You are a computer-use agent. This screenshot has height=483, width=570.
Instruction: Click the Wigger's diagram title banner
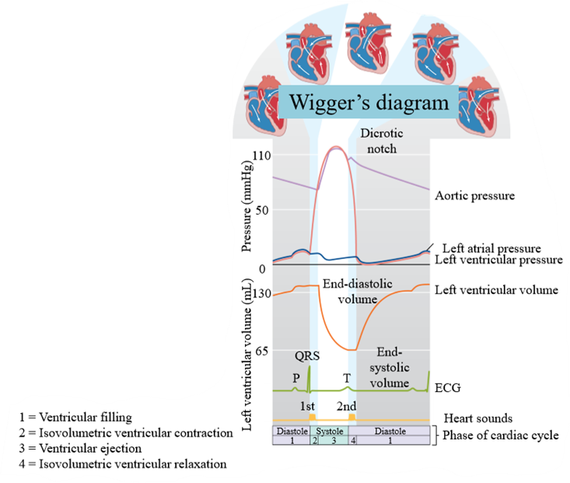(x=369, y=102)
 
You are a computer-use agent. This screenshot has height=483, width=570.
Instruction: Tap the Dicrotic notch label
(x=382, y=141)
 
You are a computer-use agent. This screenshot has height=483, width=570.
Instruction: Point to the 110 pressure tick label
(x=262, y=156)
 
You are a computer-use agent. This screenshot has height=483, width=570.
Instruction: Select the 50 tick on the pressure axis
(x=262, y=210)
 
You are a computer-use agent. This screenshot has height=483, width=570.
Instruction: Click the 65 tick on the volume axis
(x=262, y=351)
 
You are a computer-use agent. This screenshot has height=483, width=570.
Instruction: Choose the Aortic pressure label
(x=475, y=196)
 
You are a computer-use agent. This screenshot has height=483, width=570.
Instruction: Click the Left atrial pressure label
(x=491, y=248)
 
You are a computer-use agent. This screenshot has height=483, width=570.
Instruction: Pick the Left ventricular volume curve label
(x=496, y=290)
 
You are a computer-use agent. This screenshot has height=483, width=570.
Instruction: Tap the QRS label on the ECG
(x=307, y=355)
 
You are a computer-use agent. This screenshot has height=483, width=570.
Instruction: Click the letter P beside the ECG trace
(x=296, y=378)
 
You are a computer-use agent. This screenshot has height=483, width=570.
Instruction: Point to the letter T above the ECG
(x=347, y=378)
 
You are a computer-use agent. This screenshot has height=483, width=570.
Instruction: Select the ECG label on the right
(x=448, y=387)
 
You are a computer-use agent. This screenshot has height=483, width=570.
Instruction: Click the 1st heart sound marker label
(x=307, y=406)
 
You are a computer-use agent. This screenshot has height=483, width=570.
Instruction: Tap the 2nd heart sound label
(x=347, y=406)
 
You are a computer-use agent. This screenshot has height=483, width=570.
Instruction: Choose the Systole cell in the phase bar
(x=330, y=431)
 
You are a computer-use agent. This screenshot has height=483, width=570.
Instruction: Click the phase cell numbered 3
(x=334, y=440)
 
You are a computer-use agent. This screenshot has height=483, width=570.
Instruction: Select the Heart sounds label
(x=478, y=418)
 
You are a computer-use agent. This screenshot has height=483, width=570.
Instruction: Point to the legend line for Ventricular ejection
(x=80, y=449)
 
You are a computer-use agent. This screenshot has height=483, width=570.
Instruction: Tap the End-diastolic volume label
(x=358, y=292)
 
